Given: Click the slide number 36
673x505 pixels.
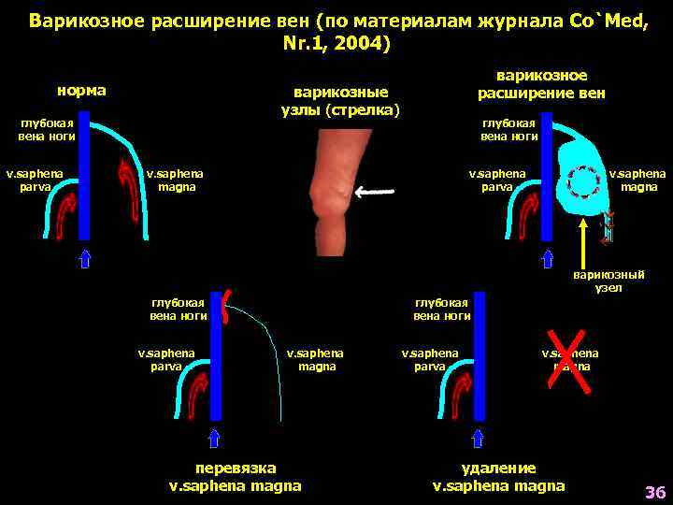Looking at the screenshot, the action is (x=653, y=492).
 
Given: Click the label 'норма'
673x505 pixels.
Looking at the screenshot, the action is (x=81, y=92).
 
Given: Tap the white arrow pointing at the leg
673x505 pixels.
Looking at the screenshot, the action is (x=373, y=193).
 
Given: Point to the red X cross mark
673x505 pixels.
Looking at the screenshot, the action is (x=571, y=362).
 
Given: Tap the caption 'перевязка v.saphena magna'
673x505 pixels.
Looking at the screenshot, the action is (x=235, y=477).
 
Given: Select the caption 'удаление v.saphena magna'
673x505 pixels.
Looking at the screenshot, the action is (x=498, y=477).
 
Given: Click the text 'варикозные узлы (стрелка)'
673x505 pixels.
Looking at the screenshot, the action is (x=340, y=101).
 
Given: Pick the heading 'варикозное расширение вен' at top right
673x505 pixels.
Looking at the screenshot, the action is (x=541, y=84).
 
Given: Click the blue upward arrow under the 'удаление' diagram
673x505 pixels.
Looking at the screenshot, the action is (x=478, y=438).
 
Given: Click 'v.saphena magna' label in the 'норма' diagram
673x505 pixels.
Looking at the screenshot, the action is (x=175, y=180).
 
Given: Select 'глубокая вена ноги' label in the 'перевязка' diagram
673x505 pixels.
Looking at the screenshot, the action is (x=179, y=309).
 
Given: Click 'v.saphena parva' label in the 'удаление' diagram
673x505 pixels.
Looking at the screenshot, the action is (x=430, y=360).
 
